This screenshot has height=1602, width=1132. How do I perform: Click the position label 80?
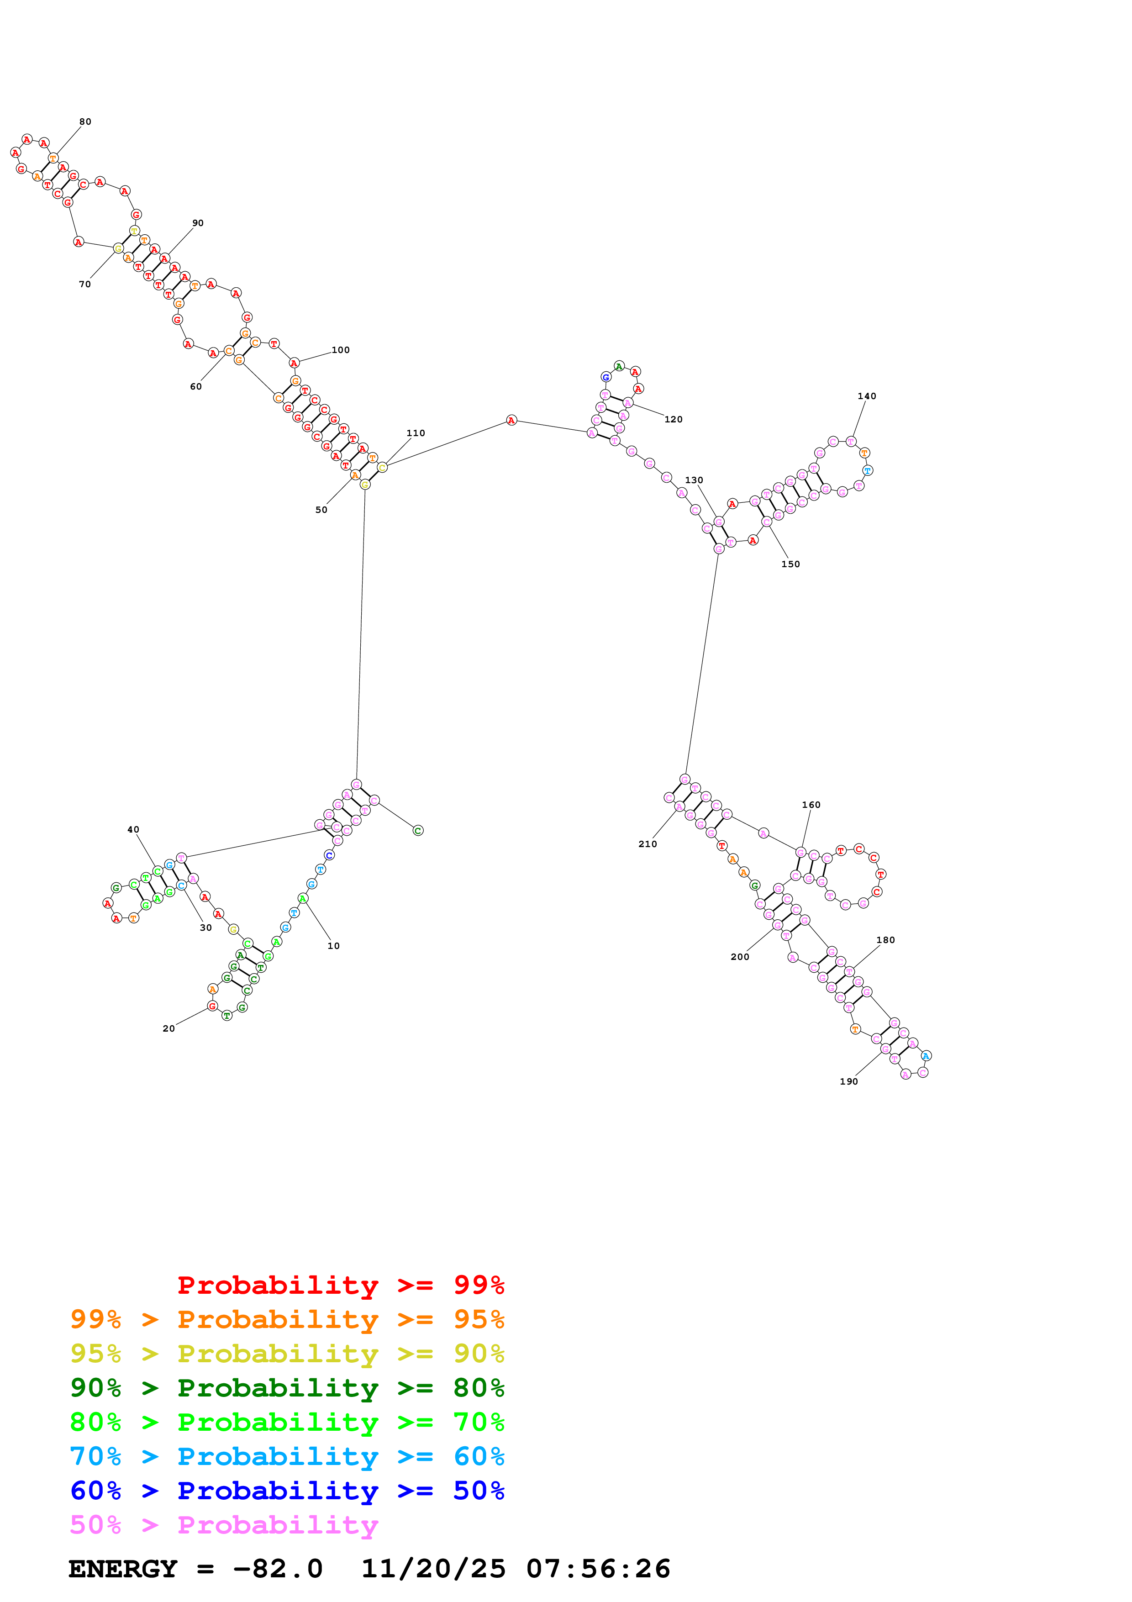[85, 122]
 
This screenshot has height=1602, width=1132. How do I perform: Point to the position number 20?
[169, 1028]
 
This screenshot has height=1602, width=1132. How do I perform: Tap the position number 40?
[133, 830]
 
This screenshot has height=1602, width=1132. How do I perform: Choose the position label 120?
[673, 419]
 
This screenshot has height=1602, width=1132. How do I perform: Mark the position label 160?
[811, 805]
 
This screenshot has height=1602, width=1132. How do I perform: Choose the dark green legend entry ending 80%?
[287, 1388]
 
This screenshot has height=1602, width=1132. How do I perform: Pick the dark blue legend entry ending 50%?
[287, 1491]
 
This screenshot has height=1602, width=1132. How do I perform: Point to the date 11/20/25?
[433, 1569]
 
